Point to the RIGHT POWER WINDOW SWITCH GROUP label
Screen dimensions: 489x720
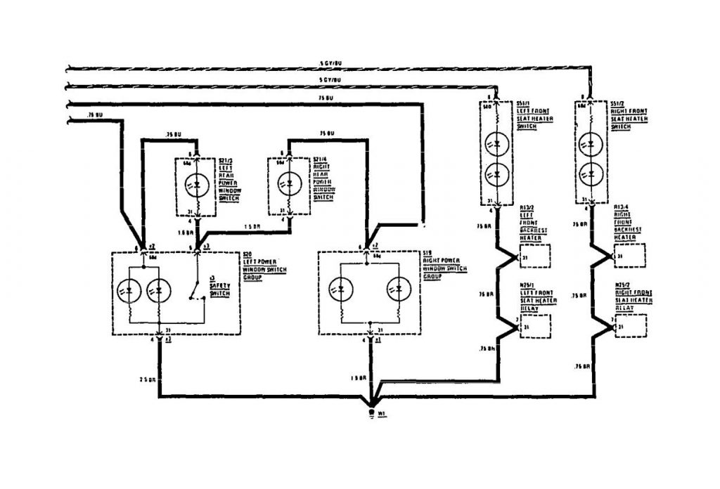click(445, 267)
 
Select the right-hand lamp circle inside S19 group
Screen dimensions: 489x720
click(399, 289)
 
